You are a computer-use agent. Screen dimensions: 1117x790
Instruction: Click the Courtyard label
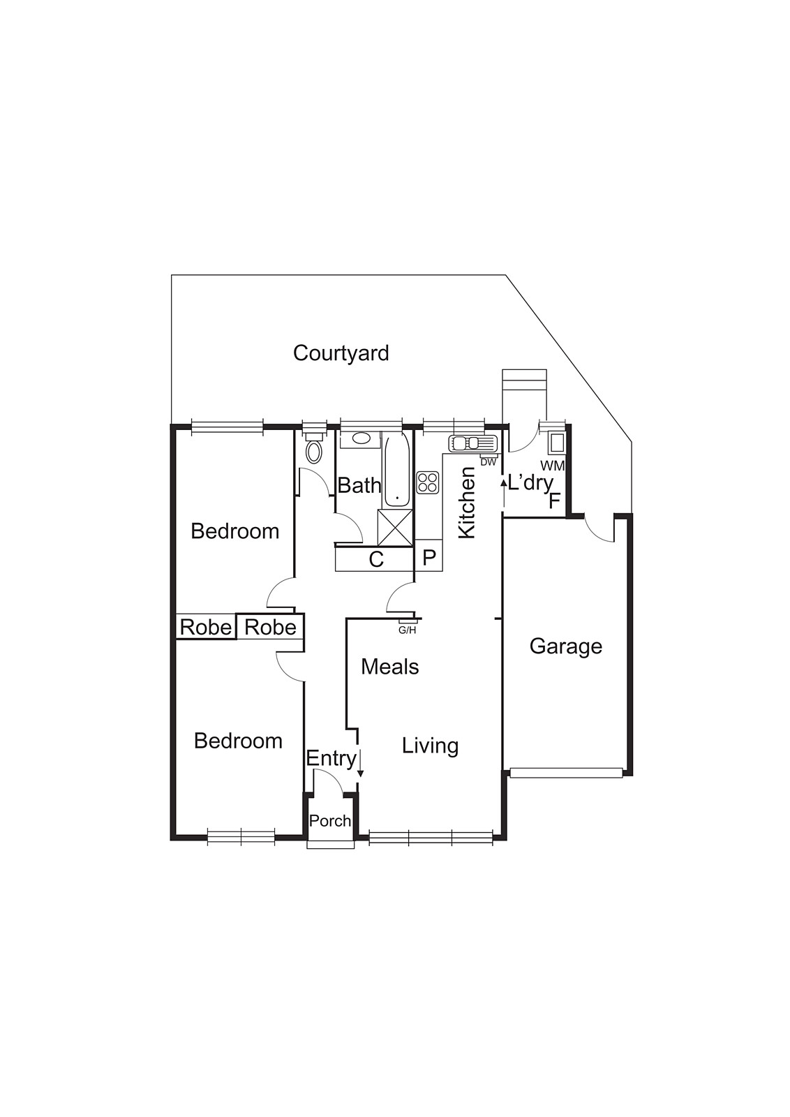click(x=341, y=353)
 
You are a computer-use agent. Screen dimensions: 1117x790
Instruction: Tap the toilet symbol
click(x=315, y=450)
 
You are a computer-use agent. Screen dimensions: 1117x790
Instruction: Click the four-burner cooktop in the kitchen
click(x=428, y=482)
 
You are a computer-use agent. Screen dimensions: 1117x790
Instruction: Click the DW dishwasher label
click(x=489, y=461)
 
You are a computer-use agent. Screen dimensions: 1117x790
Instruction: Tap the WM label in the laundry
click(x=553, y=466)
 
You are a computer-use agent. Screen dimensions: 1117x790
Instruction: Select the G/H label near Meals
click(x=407, y=630)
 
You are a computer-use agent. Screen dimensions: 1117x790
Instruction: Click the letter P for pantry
click(x=429, y=558)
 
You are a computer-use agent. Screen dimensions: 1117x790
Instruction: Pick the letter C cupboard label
click(x=376, y=559)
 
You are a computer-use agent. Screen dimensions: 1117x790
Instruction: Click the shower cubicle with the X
click(x=396, y=527)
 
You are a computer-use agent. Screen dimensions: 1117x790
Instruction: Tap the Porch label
click(x=330, y=821)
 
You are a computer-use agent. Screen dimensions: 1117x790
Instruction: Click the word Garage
click(x=565, y=646)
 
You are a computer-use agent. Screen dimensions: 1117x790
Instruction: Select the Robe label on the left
click(x=205, y=627)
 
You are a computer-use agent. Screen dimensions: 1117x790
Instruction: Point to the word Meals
click(x=390, y=667)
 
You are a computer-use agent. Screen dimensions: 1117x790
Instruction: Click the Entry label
click(x=331, y=758)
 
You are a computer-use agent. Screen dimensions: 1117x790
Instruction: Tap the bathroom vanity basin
click(x=361, y=438)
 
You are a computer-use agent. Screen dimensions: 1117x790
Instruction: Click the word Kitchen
click(x=466, y=503)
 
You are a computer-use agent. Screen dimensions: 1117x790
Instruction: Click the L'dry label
click(x=530, y=482)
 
